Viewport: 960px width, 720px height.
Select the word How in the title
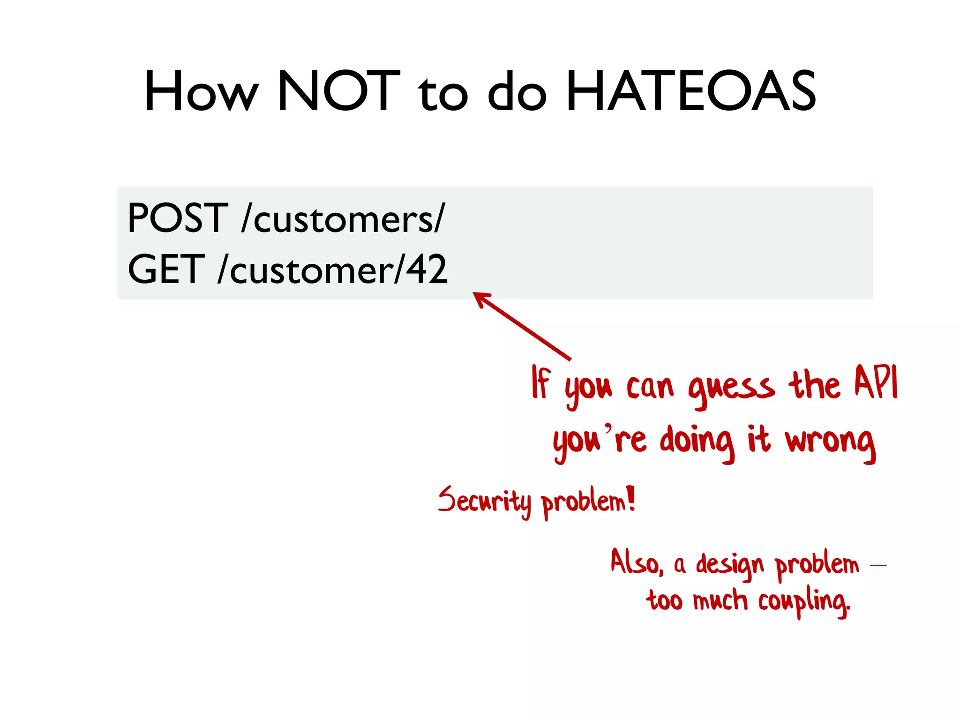coord(201,91)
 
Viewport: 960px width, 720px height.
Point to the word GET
coord(166,269)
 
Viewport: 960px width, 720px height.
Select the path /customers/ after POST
coord(342,218)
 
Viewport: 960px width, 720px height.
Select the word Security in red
coord(485,501)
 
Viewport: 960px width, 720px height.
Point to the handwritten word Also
coord(636,562)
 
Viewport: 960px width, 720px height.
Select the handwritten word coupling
coord(803,602)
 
